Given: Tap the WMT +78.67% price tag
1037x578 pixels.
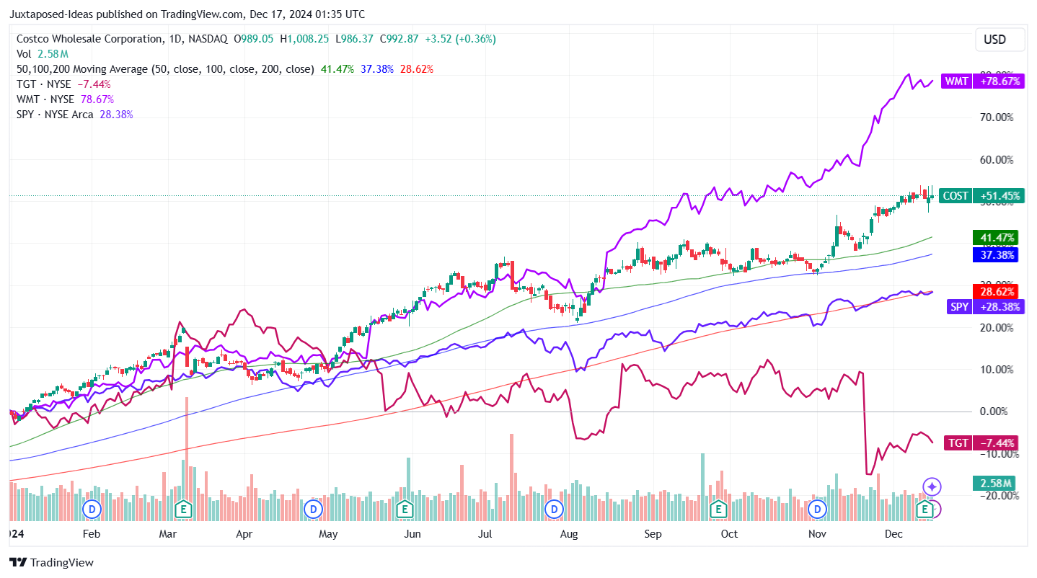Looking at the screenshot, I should point(982,81).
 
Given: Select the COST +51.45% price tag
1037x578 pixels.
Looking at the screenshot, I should point(982,196).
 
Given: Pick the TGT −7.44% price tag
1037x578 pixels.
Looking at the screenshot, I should point(982,443).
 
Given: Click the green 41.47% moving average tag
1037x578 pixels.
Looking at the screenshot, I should point(995,237).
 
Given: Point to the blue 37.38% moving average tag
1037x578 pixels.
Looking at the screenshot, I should point(995,254).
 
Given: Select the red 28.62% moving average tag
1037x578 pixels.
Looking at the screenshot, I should point(995,292).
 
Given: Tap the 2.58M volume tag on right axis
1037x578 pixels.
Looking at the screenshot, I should point(995,482).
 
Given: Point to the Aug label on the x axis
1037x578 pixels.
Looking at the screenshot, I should point(569,534).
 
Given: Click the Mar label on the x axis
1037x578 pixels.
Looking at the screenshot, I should point(167,534).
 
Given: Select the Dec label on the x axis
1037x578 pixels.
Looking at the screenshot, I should point(893,534).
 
